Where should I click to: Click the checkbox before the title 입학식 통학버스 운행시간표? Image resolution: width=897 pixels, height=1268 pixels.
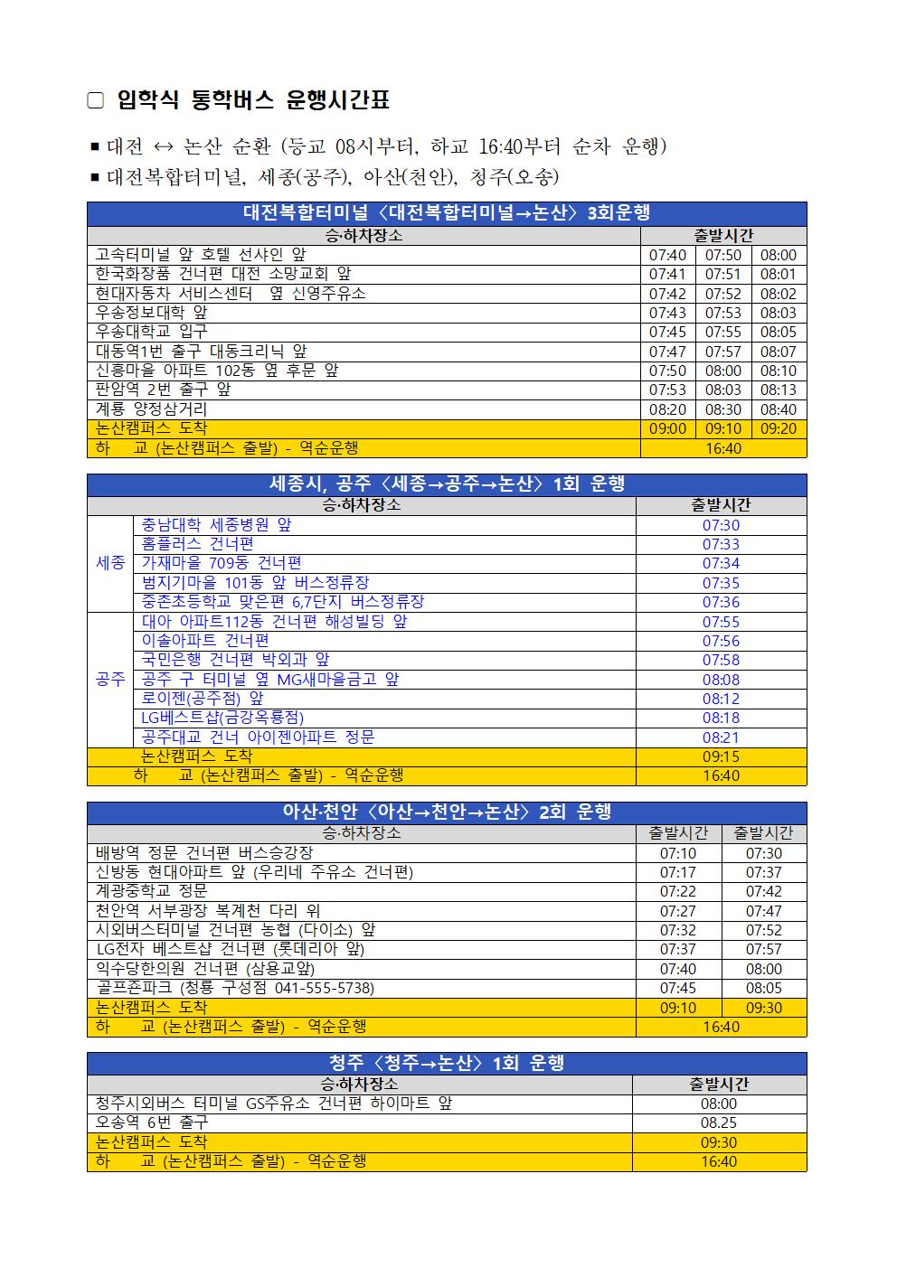(96, 101)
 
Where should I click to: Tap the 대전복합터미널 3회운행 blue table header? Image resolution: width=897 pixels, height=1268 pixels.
(447, 213)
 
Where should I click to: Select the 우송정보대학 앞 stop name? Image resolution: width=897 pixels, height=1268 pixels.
(152, 313)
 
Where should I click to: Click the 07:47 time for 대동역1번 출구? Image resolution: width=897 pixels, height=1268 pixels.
(667, 352)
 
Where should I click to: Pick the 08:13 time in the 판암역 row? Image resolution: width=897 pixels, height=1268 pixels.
(778, 390)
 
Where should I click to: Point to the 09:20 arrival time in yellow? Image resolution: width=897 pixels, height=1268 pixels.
(778, 428)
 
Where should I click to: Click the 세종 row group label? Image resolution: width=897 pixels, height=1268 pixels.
(110, 563)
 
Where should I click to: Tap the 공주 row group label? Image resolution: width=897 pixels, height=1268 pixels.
(110, 680)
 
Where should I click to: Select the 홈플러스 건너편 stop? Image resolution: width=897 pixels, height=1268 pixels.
(197, 544)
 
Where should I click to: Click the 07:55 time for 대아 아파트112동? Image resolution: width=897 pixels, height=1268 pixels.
(721, 622)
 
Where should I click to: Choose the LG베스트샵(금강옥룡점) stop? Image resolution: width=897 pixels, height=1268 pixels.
(222, 718)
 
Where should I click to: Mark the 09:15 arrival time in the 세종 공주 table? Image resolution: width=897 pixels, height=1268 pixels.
(721, 756)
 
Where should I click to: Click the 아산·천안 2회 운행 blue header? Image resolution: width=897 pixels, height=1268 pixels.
(447, 812)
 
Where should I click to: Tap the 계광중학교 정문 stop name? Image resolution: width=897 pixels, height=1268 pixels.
(152, 891)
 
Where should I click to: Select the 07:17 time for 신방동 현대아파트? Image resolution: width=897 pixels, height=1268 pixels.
(678, 872)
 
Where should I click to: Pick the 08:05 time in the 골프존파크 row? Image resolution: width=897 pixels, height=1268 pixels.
(764, 988)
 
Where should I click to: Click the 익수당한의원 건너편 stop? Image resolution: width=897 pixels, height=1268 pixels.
(205, 969)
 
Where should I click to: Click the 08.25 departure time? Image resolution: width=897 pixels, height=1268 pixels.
(719, 1122)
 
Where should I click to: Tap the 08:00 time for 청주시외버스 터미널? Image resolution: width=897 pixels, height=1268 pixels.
(719, 1104)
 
